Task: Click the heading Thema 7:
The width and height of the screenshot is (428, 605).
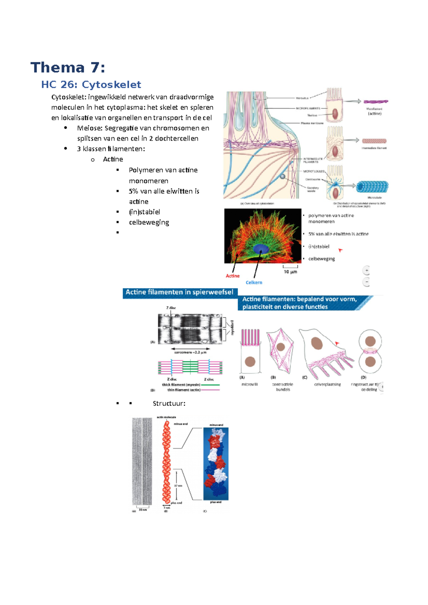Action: coord(68,67)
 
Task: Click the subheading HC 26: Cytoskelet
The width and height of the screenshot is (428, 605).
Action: coord(91,84)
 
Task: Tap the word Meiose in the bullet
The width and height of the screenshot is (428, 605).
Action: coord(89,128)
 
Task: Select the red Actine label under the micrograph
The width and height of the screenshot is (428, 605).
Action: coord(233,276)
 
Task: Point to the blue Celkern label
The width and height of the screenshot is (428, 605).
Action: coord(254,283)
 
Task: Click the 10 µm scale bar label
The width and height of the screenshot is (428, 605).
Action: coord(290,272)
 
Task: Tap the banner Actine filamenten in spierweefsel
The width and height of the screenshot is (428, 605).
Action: coord(179,292)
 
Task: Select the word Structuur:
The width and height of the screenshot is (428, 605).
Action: coord(169,403)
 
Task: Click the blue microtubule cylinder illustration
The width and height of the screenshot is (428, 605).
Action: coord(372,186)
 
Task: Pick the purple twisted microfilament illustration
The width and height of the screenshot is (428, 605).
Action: coord(376,102)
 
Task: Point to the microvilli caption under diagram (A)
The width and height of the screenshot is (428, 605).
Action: coord(249,384)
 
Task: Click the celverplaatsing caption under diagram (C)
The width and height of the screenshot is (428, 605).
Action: coord(327,384)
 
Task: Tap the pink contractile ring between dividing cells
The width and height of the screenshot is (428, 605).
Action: coord(370,351)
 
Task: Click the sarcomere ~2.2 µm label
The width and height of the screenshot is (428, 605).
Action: coord(190,352)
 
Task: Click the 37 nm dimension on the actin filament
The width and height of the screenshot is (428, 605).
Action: coord(178,486)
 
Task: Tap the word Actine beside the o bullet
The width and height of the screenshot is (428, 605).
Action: coord(113,159)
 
